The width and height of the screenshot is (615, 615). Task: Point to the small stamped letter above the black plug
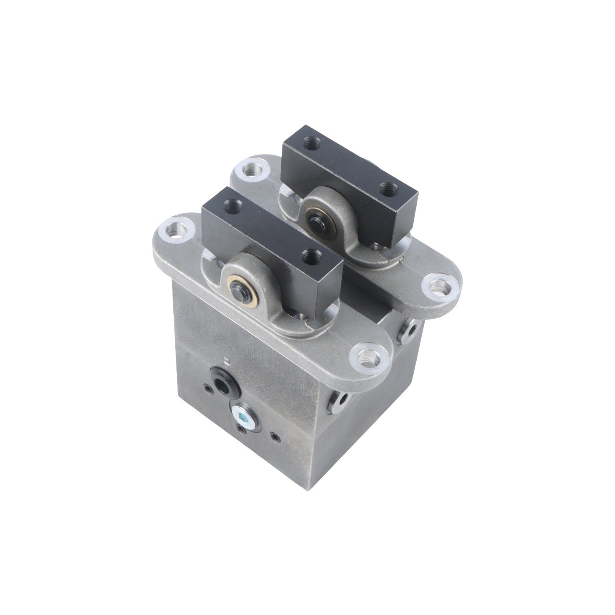228,361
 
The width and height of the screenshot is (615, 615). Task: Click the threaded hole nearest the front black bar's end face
311,256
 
